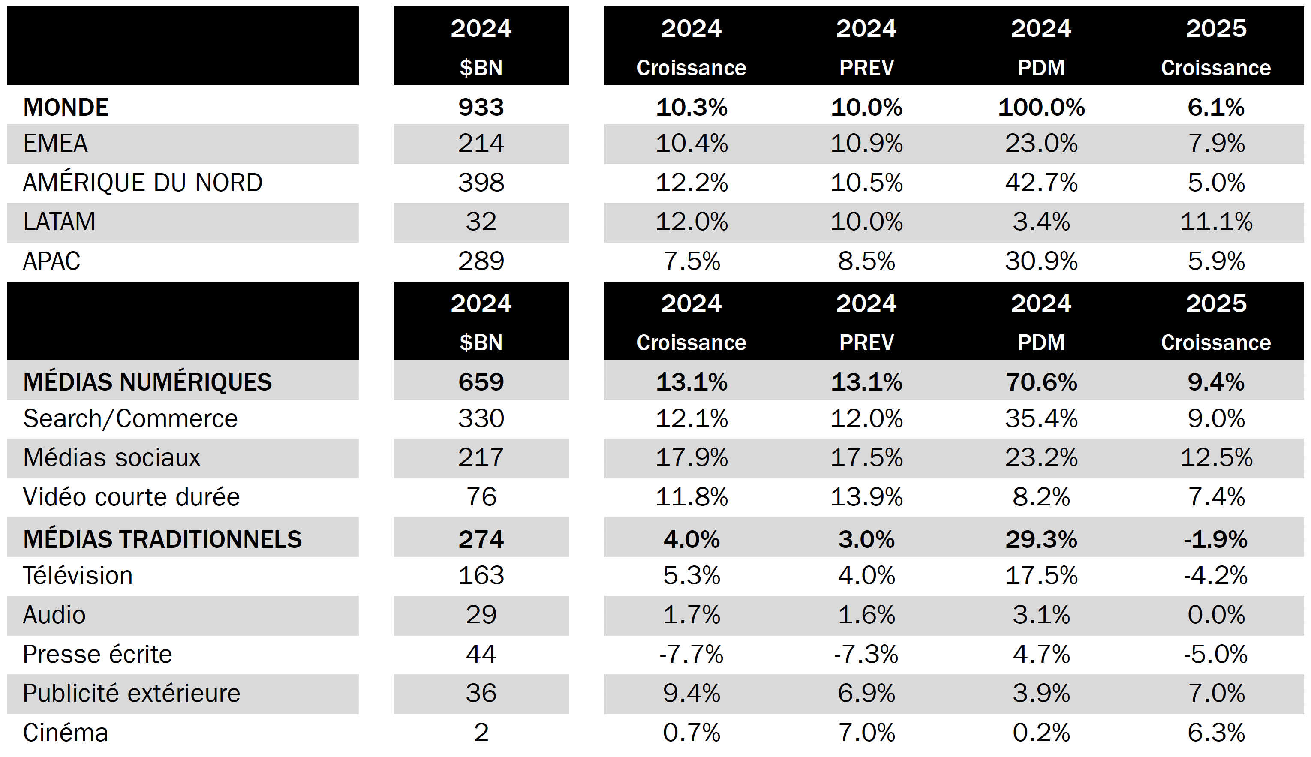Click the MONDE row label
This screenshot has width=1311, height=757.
click(66, 108)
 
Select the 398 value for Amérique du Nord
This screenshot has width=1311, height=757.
click(481, 183)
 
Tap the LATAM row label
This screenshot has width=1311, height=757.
click(59, 222)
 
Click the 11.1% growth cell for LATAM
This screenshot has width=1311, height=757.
click(1216, 222)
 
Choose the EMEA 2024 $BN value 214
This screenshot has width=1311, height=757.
click(481, 144)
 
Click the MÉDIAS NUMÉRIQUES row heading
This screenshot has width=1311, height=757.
click(147, 382)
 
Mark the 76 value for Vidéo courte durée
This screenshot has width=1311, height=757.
click(481, 497)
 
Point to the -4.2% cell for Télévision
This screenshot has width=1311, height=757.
click(1216, 576)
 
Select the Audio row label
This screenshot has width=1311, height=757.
click(54, 615)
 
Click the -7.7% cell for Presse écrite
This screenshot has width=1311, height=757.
click(692, 655)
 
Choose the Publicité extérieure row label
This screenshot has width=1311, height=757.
click(132, 694)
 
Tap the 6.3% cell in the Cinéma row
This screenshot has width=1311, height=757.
click(1216, 733)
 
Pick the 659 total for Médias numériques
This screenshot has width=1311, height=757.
click(481, 382)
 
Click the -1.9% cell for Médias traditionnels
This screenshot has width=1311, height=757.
click(1216, 539)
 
